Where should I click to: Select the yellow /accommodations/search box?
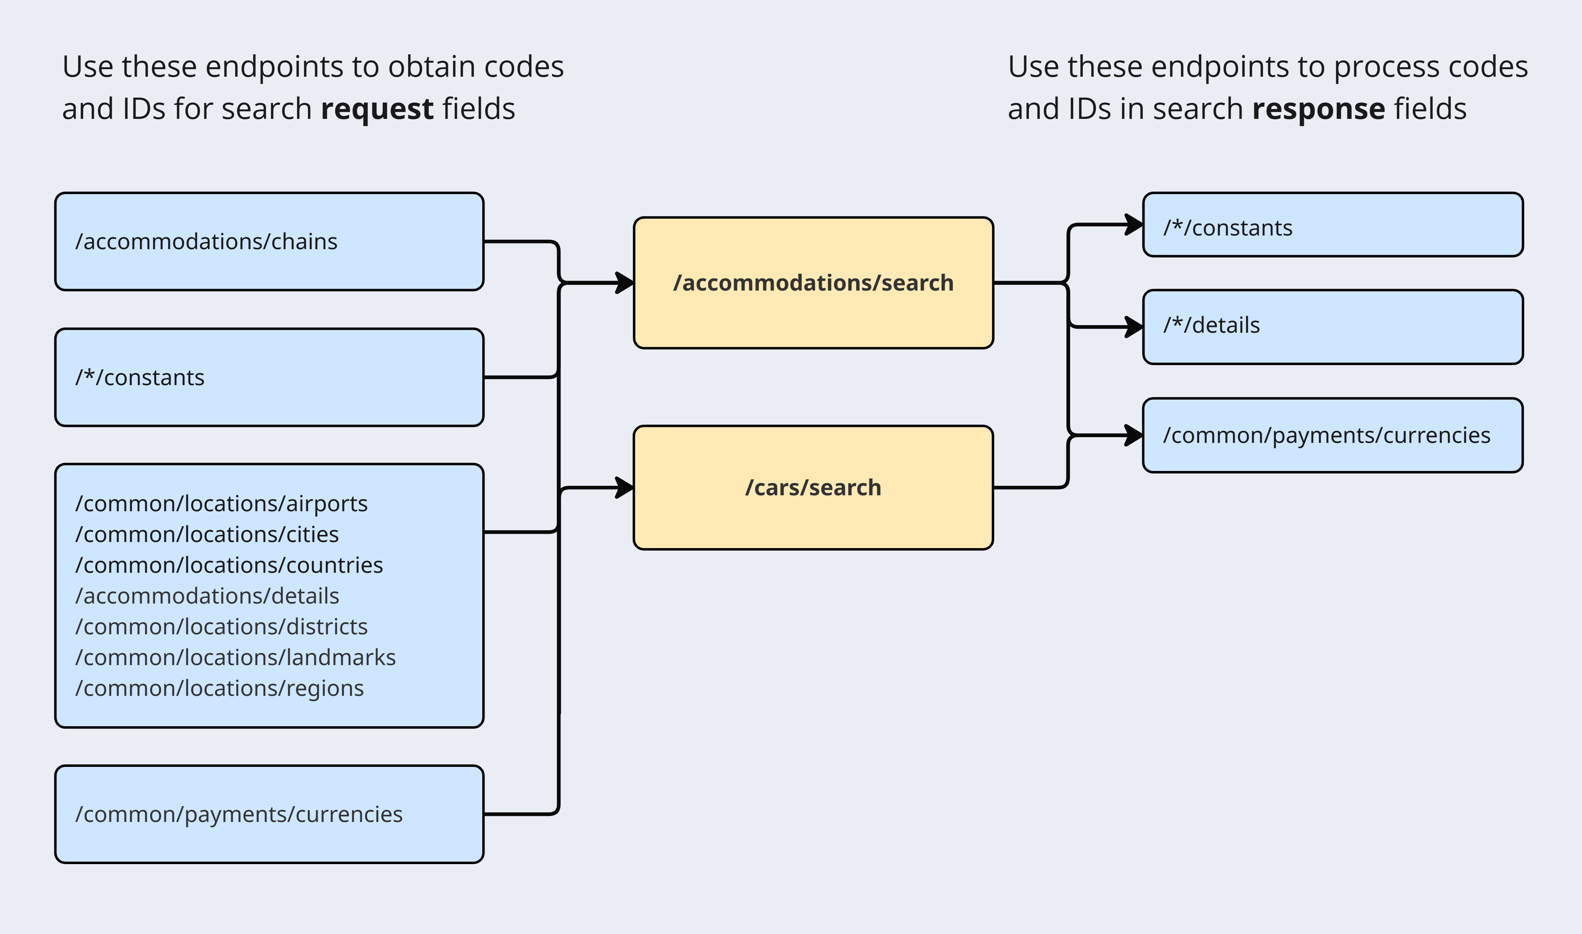point(813,283)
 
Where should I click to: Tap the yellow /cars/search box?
point(813,488)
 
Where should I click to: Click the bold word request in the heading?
point(377,109)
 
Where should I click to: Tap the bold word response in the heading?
point(1318,109)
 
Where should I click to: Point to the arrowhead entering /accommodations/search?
point(625,283)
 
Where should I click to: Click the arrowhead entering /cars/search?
point(625,488)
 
